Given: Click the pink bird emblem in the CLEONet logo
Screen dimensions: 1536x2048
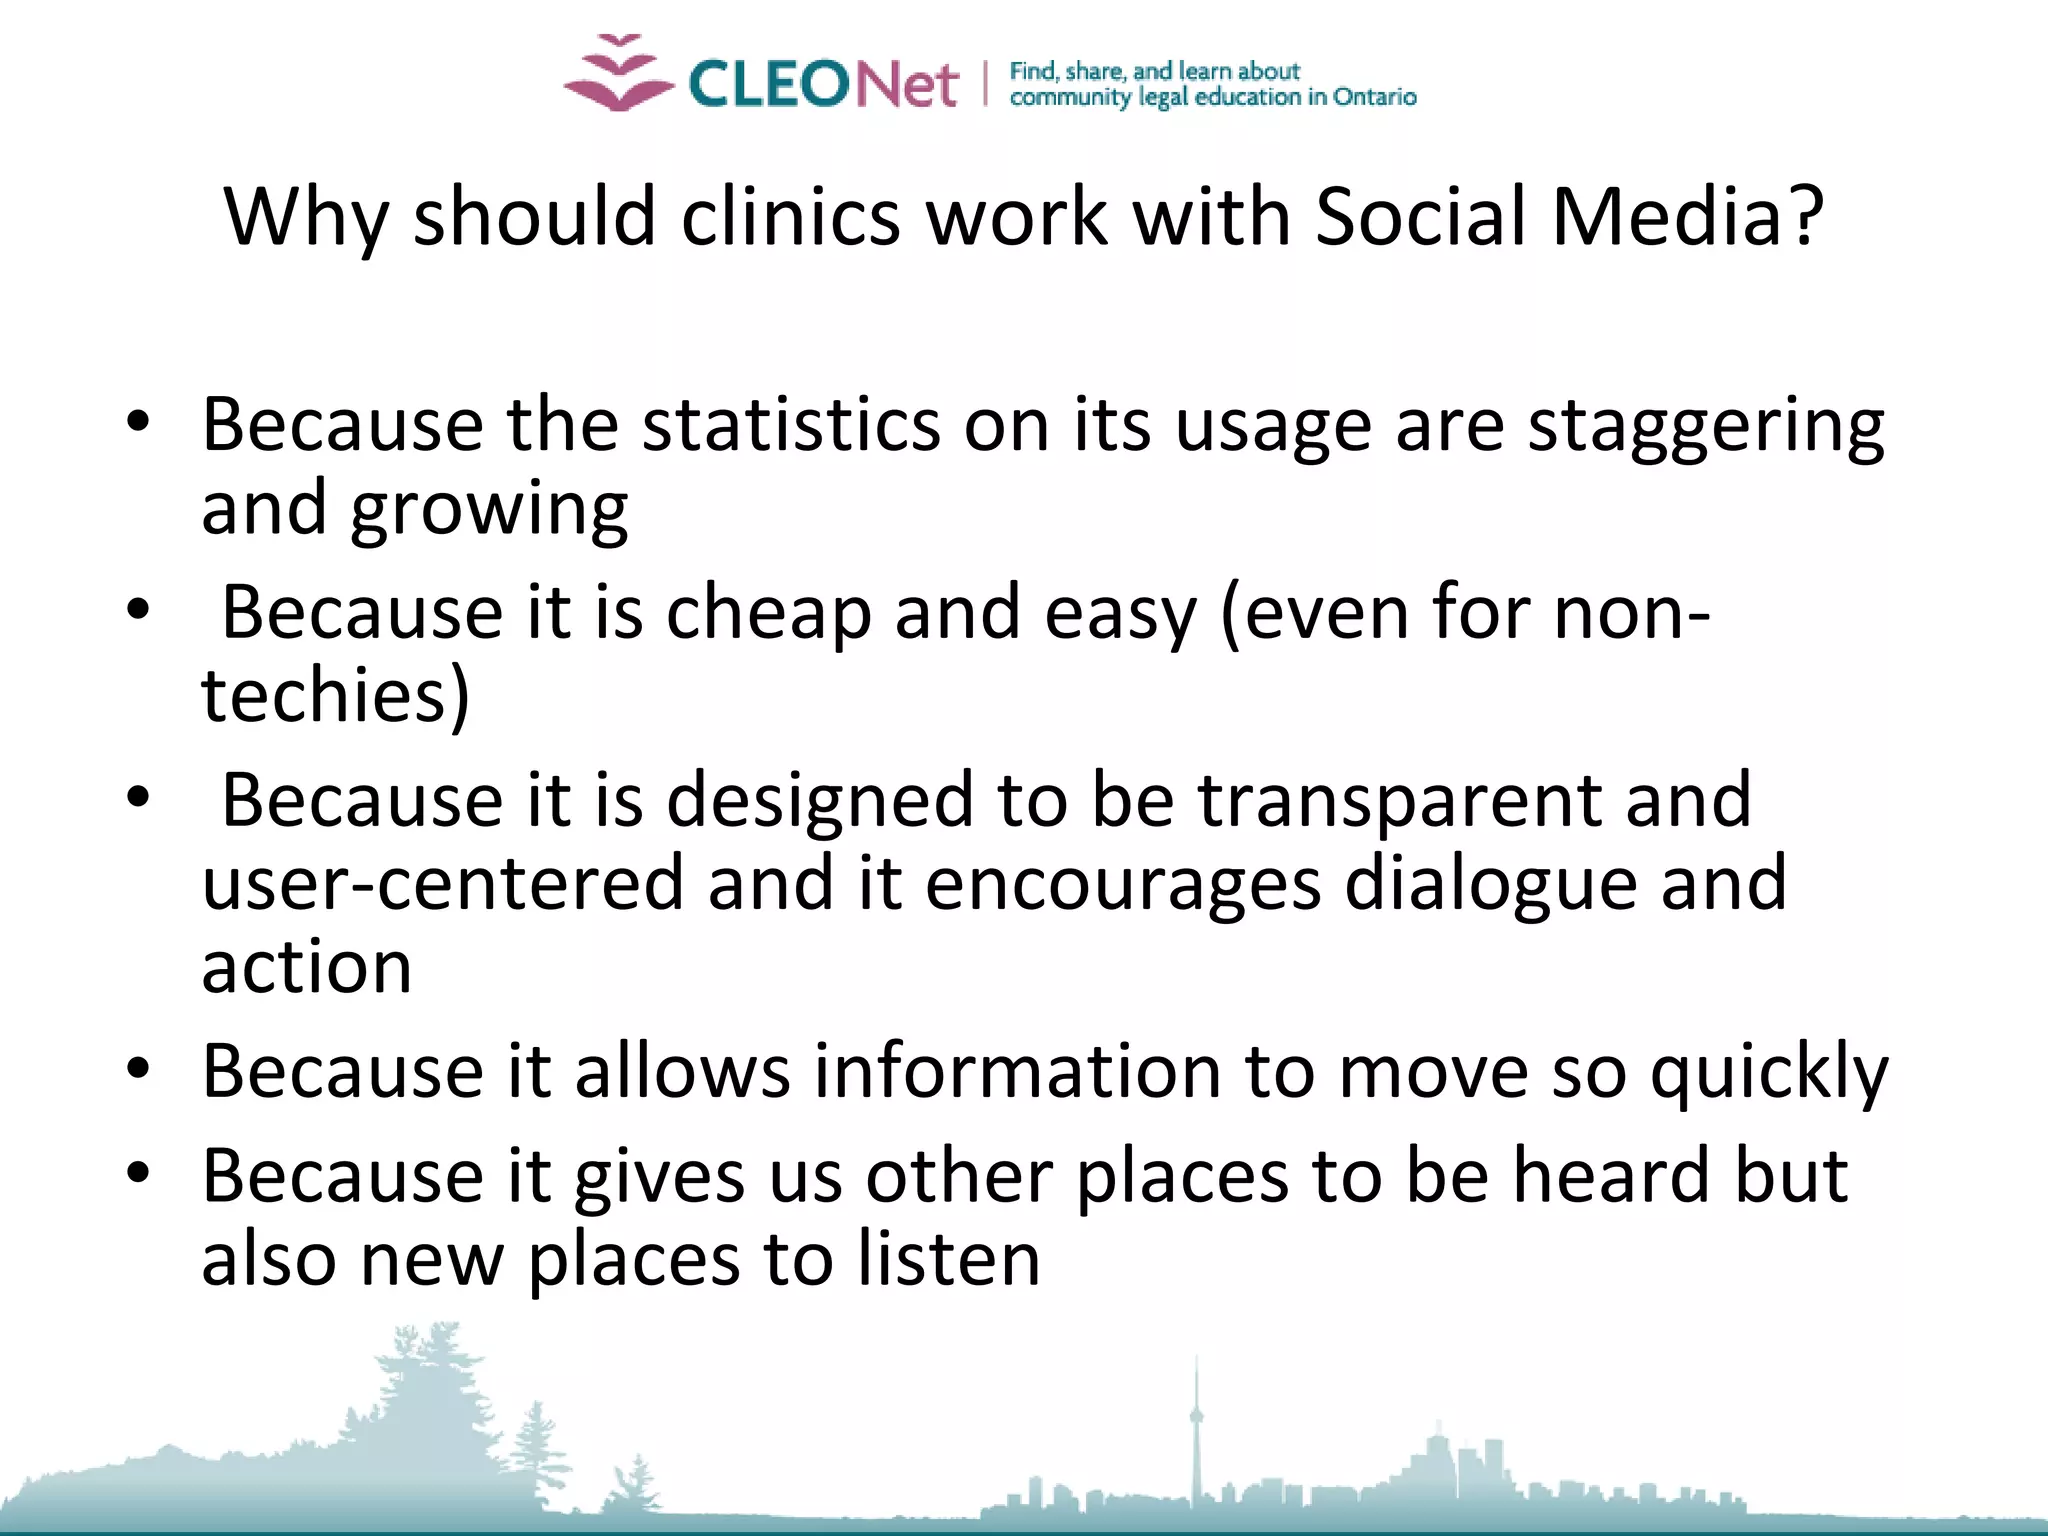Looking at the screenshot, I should (x=618, y=74).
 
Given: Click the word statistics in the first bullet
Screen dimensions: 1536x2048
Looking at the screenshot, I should (x=791, y=425).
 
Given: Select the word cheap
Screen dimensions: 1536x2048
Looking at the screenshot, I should (x=768, y=613).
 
